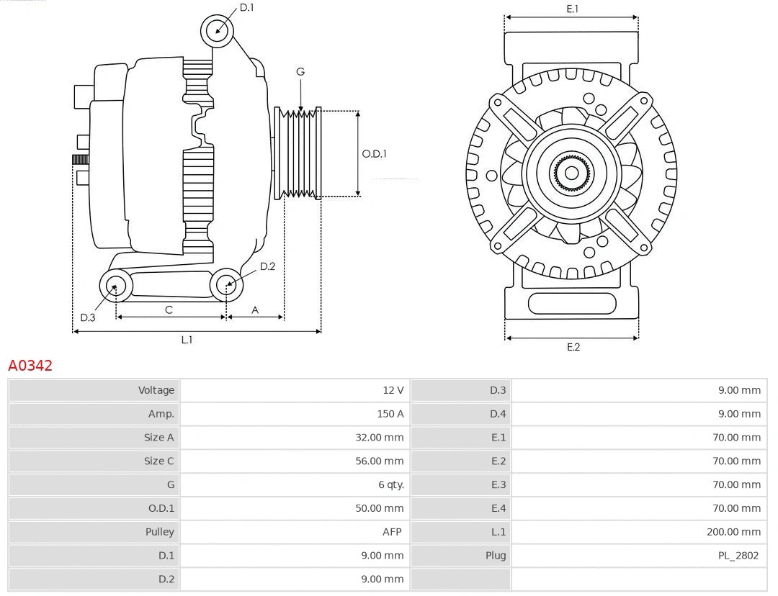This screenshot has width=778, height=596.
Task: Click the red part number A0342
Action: click(x=30, y=366)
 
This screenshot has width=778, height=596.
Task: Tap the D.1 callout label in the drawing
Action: click(x=246, y=7)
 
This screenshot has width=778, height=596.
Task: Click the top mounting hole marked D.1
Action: click(x=218, y=31)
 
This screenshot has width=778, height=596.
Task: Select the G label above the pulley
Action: click(x=300, y=71)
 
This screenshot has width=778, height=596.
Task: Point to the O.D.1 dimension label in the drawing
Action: click(x=374, y=153)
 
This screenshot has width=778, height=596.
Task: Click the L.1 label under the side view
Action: click(x=187, y=340)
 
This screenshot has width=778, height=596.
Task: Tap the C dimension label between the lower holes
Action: click(x=169, y=310)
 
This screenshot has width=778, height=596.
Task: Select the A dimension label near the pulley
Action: click(x=255, y=310)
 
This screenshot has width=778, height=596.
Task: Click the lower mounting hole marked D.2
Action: click(x=227, y=285)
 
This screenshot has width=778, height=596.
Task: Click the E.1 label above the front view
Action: click(x=572, y=9)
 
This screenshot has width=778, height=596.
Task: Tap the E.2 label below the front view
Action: click(x=573, y=347)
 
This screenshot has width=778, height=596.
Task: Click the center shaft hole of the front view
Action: click(x=571, y=173)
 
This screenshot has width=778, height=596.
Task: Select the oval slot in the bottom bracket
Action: click(x=572, y=303)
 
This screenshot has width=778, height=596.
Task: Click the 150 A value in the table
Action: click(x=390, y=414)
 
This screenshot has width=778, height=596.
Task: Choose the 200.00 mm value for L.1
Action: click(x=733, y=532)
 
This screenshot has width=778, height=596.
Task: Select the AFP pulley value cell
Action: click(x=392, y=532)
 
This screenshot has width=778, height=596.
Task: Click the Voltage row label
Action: click(x=156, y=390)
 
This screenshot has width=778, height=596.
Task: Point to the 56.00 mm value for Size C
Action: click(x=379, y=461)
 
